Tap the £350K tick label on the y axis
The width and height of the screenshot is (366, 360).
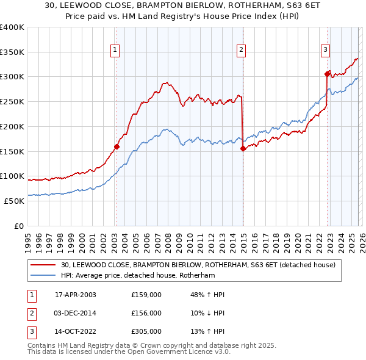[x=12, y=52]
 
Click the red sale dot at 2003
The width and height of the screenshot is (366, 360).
[x=117, y=146]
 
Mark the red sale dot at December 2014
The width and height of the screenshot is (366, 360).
[x=243, y=148]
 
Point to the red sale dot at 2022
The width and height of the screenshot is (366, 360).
[x=327, y=74]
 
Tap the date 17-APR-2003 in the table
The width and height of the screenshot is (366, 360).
[x=75, y=295]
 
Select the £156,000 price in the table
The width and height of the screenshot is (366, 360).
[x=146, y=313]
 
